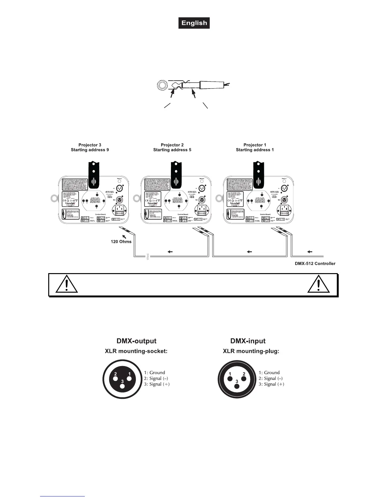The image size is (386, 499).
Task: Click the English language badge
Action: [x=194, y=23]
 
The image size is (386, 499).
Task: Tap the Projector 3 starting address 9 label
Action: [x=90, y=147]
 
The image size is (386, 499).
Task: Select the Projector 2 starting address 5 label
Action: [x=172, y=147]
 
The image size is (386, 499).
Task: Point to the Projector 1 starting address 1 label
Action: [x=255, y=147]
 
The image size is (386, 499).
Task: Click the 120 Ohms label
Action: [x=121, y=242]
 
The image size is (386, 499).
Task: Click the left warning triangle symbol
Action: [x=67, y=285]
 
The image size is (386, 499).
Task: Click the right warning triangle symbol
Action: [x=319, y=285]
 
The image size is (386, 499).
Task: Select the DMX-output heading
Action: [x=136, y=341]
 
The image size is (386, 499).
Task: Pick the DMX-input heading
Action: [x=248, y=341]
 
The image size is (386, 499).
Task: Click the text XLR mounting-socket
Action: [x=136, y=351]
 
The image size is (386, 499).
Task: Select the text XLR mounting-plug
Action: [x=251, y=351]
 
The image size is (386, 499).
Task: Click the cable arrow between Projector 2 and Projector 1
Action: [x=249, y=252]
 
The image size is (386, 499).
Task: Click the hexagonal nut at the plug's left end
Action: [x=162, y=85]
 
